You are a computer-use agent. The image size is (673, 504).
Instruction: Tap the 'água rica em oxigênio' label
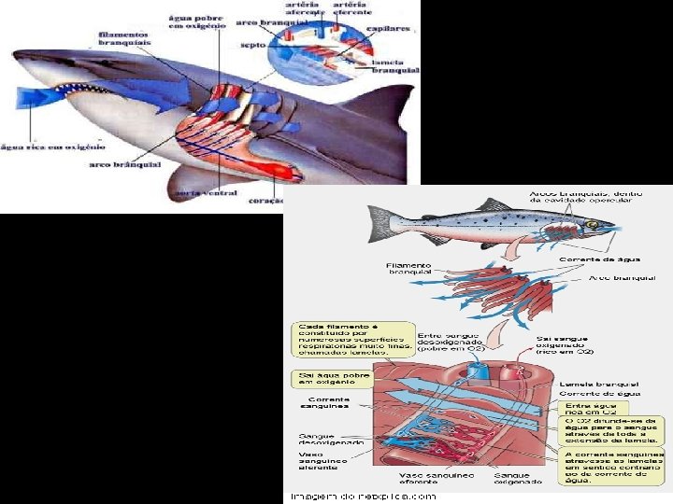point(52,146)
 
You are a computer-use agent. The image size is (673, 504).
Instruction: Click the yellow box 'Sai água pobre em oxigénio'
point(332,378)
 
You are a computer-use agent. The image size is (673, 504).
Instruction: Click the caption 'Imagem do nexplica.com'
point(363,496)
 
